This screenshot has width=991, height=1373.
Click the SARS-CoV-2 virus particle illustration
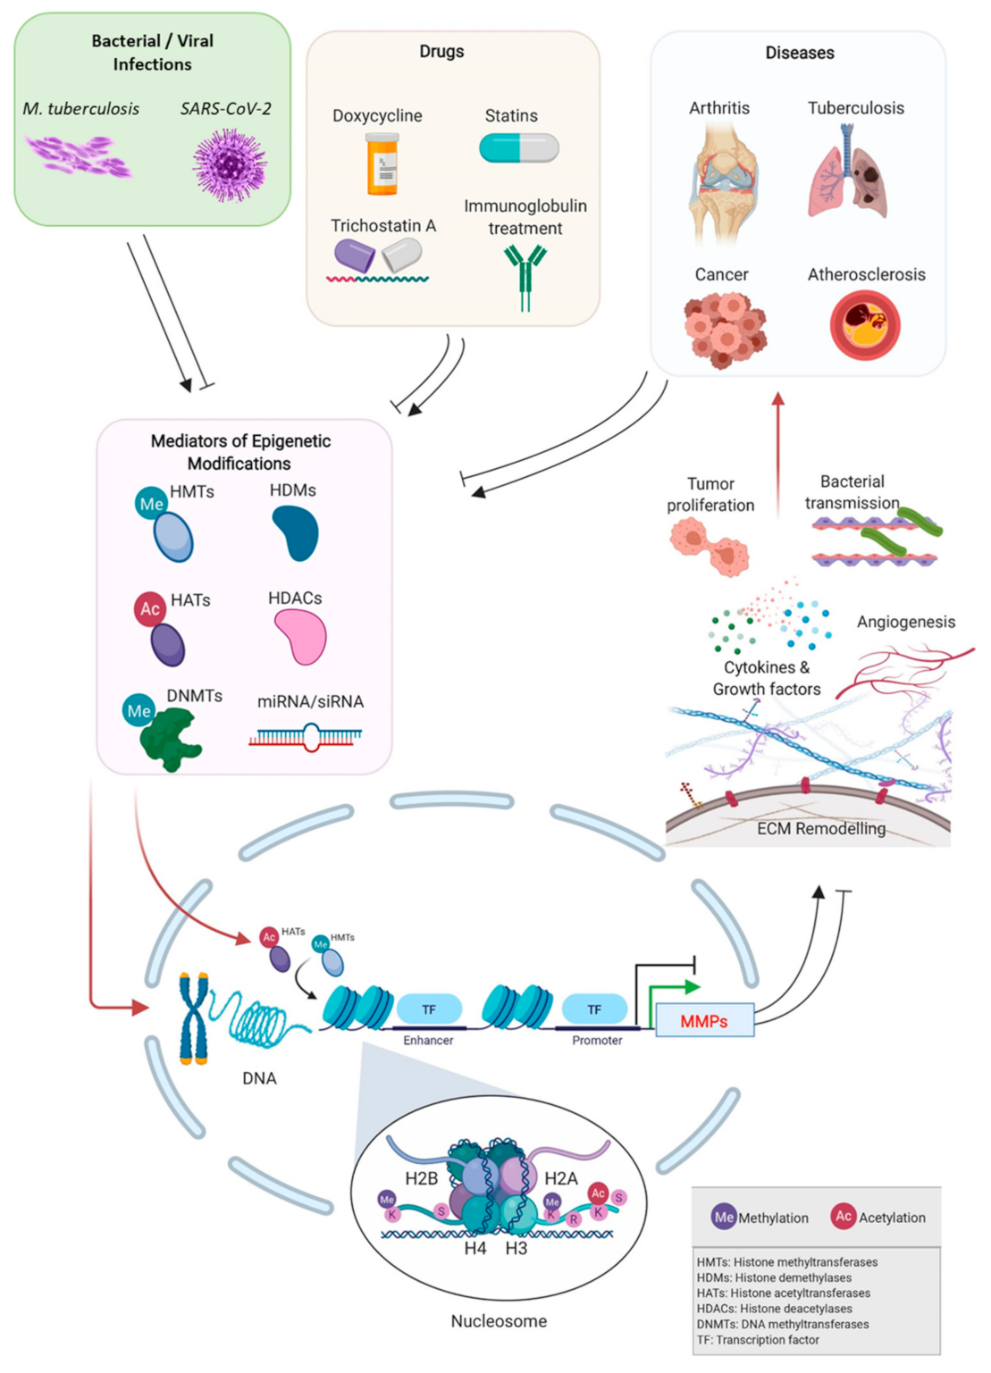[x=230, y=164]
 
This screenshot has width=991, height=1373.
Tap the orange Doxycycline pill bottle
[x=382, y=163]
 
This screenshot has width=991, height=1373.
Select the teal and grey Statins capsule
[x=519, y=147]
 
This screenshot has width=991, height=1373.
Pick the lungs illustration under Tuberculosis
[x=848, y=173]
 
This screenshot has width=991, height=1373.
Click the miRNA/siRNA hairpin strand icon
[x=307, y=737]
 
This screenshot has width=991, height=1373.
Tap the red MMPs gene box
[x=704, y=1020]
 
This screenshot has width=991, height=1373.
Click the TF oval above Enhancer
[x=429, y=1009]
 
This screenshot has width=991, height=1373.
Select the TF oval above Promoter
[x=594, y=1009]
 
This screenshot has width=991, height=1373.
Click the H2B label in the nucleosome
[x=422, y=1178]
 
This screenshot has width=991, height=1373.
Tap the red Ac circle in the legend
[x=843, y=1216]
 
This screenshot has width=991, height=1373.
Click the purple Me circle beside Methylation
[x=724, y=1217]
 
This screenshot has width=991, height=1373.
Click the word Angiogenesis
[x=905, y=622]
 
